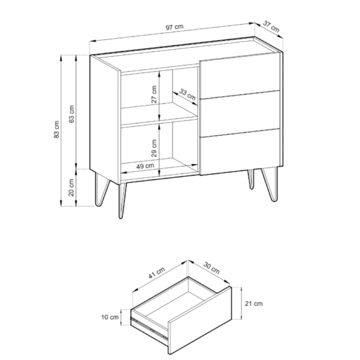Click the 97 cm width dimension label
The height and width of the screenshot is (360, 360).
coord(174,27)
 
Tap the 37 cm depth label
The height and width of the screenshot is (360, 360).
coord(271,26)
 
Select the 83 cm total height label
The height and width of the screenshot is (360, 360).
coord(56,129)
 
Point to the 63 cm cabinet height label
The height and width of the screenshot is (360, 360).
coord(71,114)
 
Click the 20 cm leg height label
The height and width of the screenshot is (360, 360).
coord(71,188)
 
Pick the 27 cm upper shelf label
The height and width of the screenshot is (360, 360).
coord(154,94)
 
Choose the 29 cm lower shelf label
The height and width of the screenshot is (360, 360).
coord(154,148)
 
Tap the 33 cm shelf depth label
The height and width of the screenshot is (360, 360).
coord(187,94)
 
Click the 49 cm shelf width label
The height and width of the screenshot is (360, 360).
coord(145,166)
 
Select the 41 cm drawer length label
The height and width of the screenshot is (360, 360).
coord(156,273)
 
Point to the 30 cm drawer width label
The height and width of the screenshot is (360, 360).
coord(211,268)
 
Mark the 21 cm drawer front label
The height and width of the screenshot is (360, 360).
coord(253,303)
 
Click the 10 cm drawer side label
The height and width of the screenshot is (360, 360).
coord(110,317)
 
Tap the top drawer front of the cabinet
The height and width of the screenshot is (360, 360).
coord(240,76)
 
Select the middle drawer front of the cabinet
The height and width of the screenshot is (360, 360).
coord(240,114)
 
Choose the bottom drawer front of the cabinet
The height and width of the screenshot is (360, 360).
coord(240,152)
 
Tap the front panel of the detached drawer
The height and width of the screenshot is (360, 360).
coord(199,320)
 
